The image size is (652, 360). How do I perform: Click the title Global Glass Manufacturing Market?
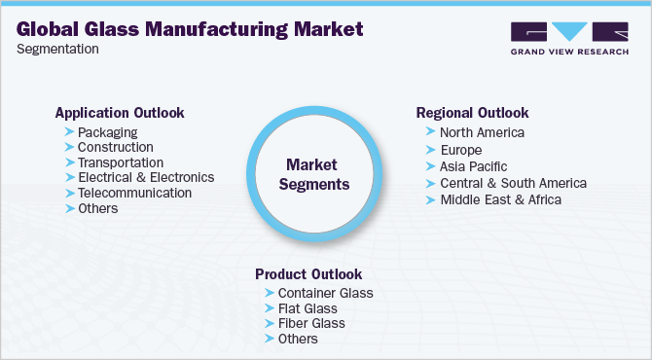(191, 30)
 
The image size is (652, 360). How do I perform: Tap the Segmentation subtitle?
(58, 49)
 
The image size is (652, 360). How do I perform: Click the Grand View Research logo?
(568, 39)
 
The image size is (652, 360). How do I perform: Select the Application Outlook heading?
(120, 112)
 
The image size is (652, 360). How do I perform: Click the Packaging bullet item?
(107, 131)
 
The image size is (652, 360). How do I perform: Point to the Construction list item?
(116, 147)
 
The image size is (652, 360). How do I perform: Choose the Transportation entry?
(121, 162)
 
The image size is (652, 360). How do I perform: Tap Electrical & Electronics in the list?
(146, 177)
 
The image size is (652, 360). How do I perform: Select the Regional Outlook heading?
(472, 112)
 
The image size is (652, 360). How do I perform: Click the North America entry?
(482, 132)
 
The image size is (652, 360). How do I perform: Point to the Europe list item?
(460, 150)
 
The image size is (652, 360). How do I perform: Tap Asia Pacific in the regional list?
(473, 166)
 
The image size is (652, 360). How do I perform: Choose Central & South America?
(513, 183)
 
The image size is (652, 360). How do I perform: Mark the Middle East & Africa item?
(500, 199)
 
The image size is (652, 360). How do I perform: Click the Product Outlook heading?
(308, 273)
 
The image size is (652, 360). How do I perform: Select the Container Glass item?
(325, 293)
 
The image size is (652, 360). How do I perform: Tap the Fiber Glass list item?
(311, 323)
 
